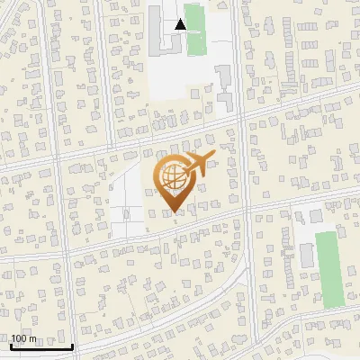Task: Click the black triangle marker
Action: click(181, 24)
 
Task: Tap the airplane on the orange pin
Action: click(197, 166)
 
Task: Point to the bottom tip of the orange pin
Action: click(172, 212)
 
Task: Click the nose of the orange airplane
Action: click(214, 157)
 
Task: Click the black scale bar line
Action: click(41, 346)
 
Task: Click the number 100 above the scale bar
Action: click(20, 338)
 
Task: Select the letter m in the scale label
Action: click(33, 338)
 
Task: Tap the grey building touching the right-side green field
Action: click(308, 254)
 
